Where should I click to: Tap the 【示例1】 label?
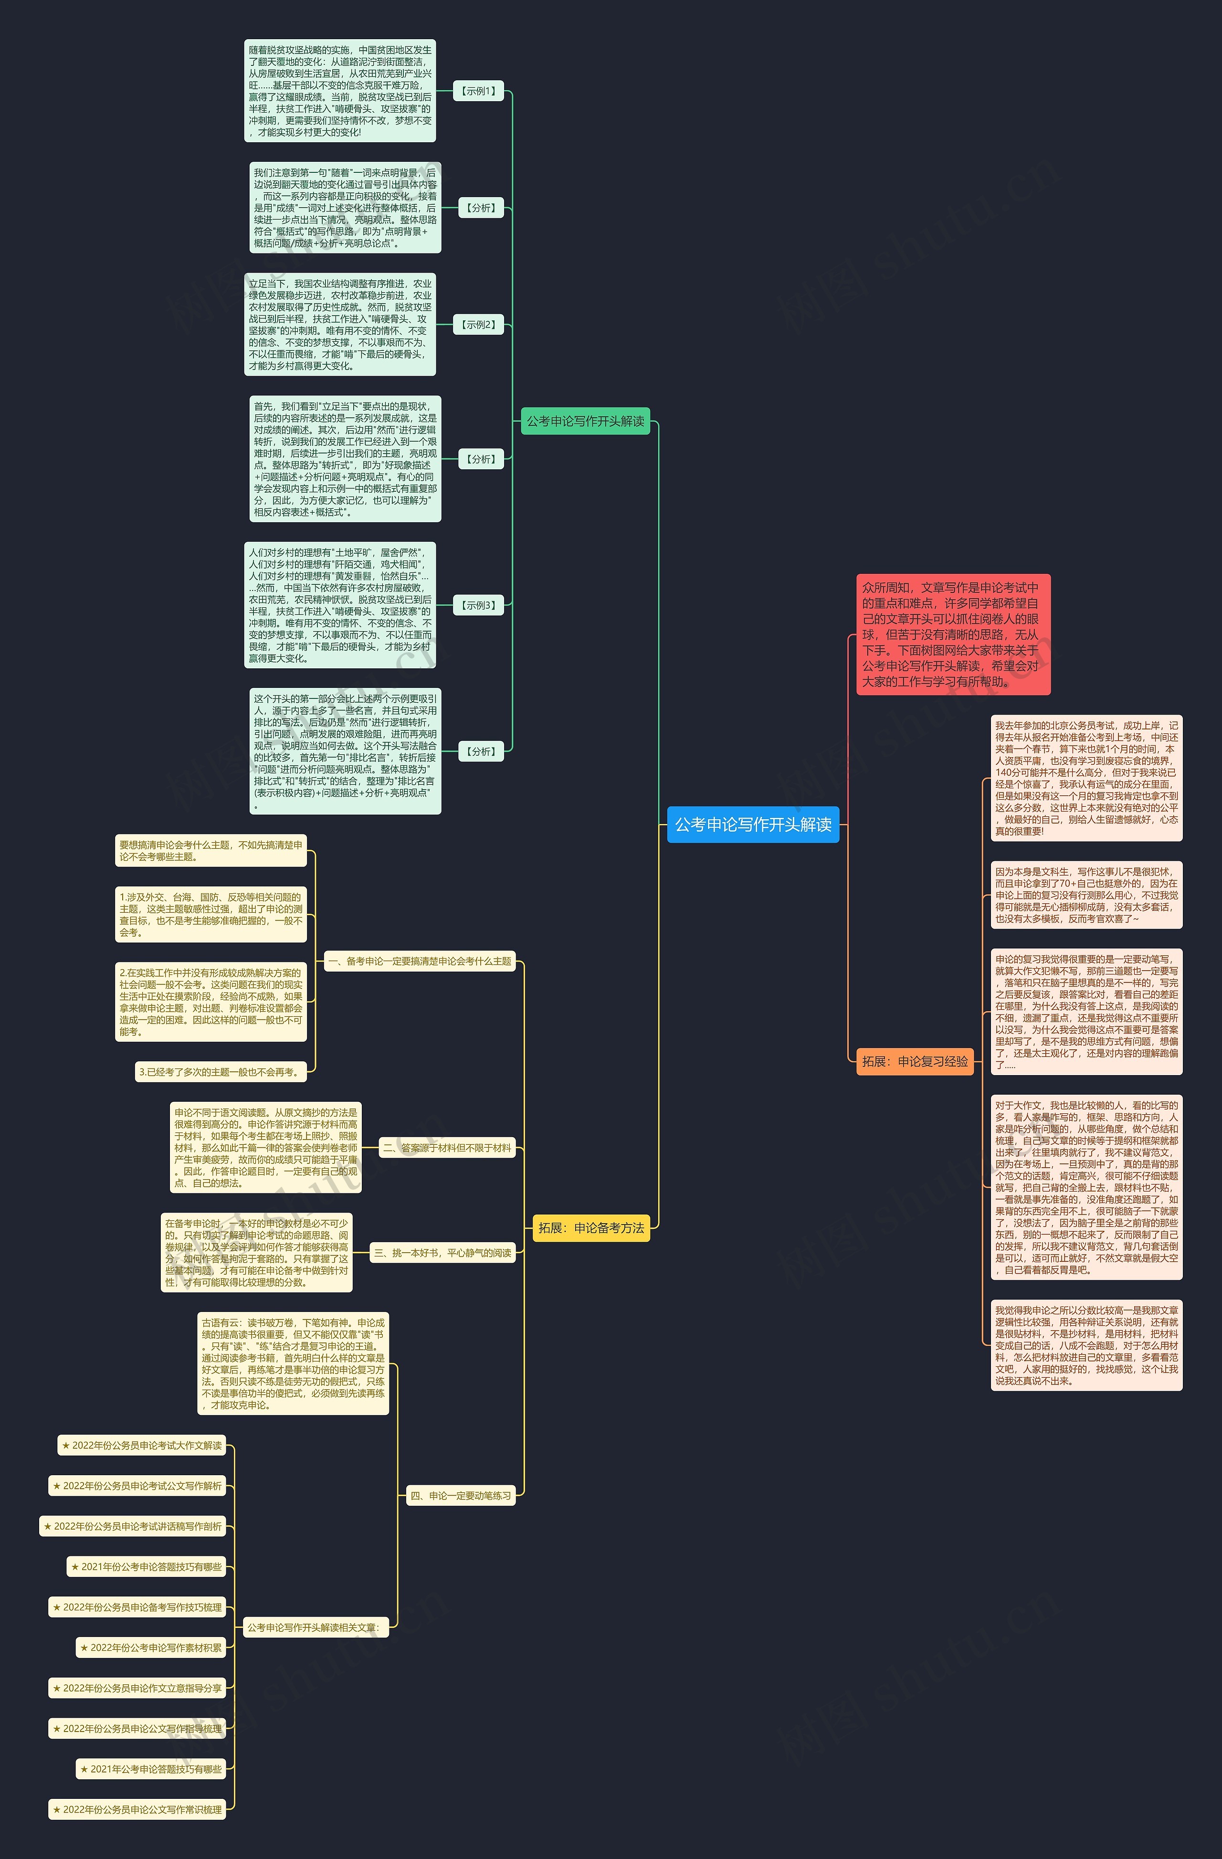(x=479, y=91)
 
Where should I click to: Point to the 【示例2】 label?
(x=479, y=324)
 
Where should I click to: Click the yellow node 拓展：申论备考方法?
(x=591, y=1228)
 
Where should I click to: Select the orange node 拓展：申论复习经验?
(x=915, y=1062)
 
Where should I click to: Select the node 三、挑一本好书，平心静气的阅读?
(x=442, y=1253)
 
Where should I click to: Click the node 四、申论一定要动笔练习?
(x=461, y=1496)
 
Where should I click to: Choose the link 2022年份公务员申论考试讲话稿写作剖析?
(x=133, y=1526)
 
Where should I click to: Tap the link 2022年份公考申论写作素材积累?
(x=151, y=1648)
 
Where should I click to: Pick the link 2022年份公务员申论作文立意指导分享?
(x=137, y=1688)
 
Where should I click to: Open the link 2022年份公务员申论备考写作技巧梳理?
(x=137, y=1607)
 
